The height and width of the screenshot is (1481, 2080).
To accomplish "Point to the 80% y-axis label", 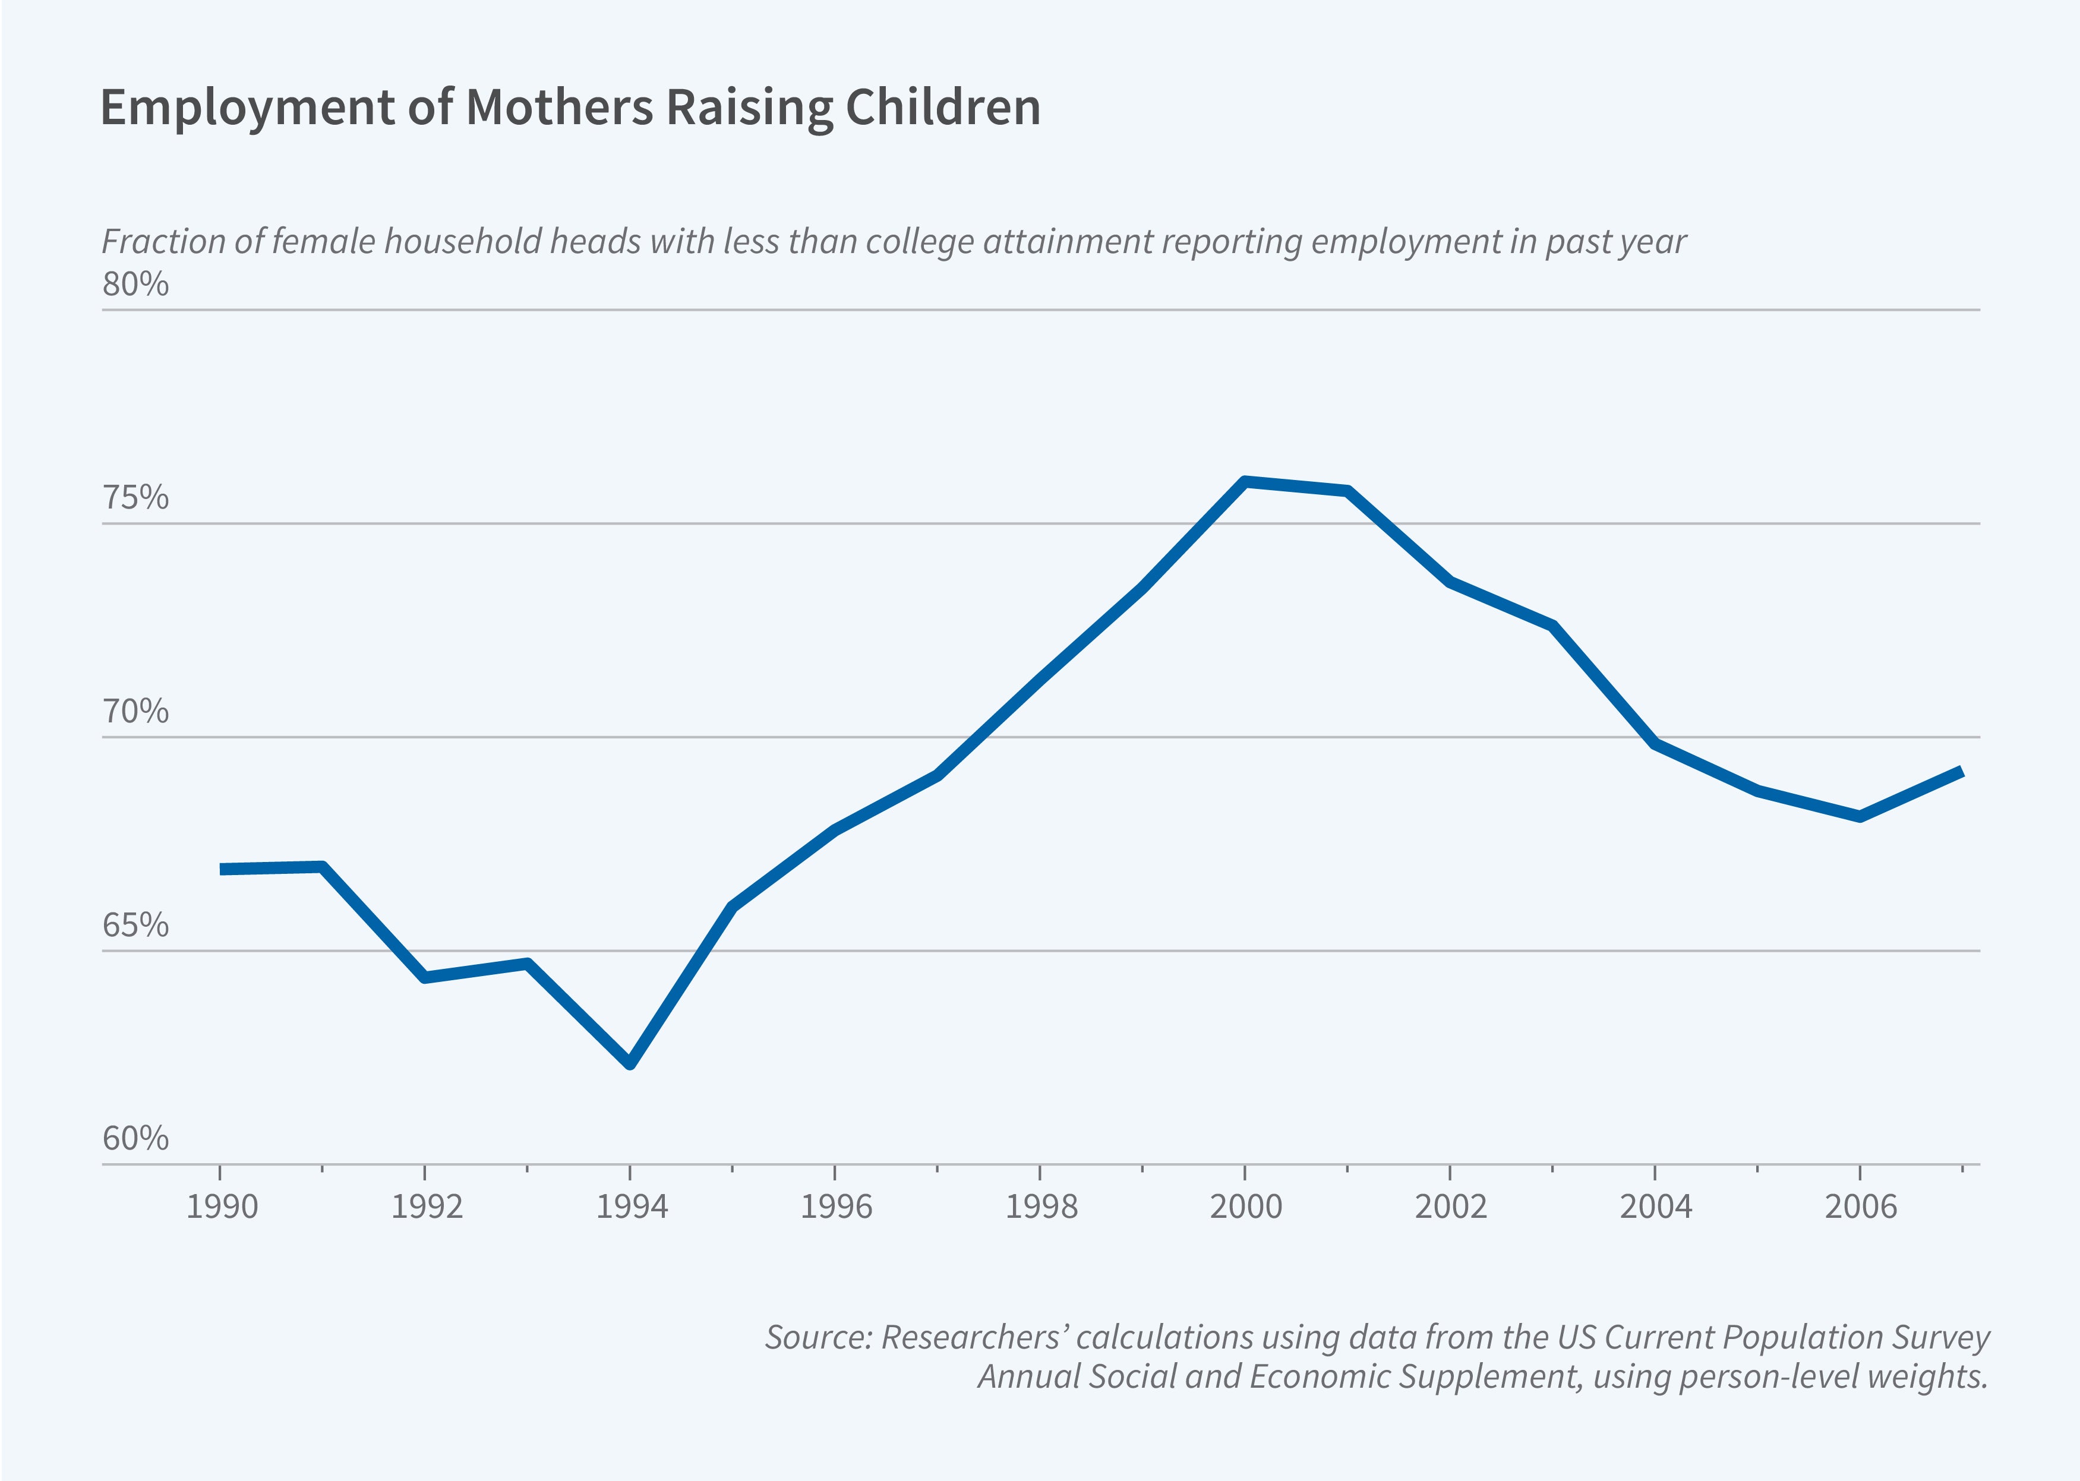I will (x=135, y=285).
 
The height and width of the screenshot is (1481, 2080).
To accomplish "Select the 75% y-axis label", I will (x=135, y=498).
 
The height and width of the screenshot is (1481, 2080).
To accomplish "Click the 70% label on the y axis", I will (x=135, y=711).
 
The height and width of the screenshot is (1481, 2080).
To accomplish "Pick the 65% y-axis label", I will (x=135, y=926).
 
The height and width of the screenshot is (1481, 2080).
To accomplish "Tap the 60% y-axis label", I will (x=135, y=1139).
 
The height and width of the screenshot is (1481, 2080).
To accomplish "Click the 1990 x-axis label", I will (x=222, y=1207).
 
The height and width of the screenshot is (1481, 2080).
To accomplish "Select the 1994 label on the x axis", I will (x=631, y=1207).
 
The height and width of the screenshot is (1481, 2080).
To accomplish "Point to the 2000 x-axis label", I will (x=1246, y=1207).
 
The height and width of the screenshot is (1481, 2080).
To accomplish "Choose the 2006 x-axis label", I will (x=1860, y=1207).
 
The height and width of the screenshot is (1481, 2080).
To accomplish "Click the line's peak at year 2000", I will (x=1246, y=482).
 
